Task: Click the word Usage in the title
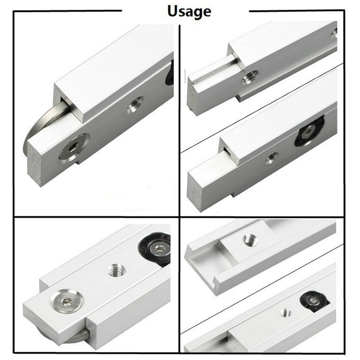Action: coord(189,12)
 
